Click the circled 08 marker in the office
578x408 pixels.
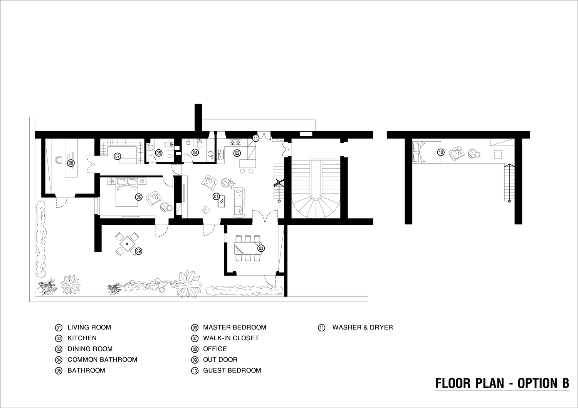pos(71,163)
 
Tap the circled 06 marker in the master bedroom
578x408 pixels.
pos(139,197)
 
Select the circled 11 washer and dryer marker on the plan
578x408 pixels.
pos(255,138)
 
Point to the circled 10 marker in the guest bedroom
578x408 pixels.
pos(441,152)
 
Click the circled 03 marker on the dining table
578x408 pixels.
pos(261,248)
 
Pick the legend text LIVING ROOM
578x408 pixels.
pos(89,327)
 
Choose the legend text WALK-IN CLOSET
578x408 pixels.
pos(231,338)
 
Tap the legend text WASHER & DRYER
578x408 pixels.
pos(363,327)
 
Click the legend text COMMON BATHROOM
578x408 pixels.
pos(102,360)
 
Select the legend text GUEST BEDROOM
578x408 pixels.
pos(232,370)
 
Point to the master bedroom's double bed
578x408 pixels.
pos(126,192)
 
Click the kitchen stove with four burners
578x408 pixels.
pos(235,142)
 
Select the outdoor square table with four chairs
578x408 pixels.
pos(126,244)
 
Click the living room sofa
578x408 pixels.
pos(239,202)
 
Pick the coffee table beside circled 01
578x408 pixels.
pos(222,201)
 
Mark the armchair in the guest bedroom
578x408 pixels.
pos(457,154)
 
